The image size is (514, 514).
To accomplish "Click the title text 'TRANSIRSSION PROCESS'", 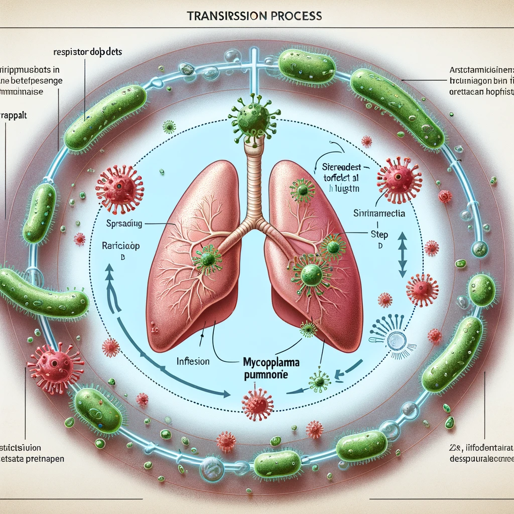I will [254, 16].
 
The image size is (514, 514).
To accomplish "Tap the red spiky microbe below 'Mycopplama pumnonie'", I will [257, 402].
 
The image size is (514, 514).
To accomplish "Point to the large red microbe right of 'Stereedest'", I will [399, 178].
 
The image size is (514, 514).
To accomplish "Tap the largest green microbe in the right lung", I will [312, 274].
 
